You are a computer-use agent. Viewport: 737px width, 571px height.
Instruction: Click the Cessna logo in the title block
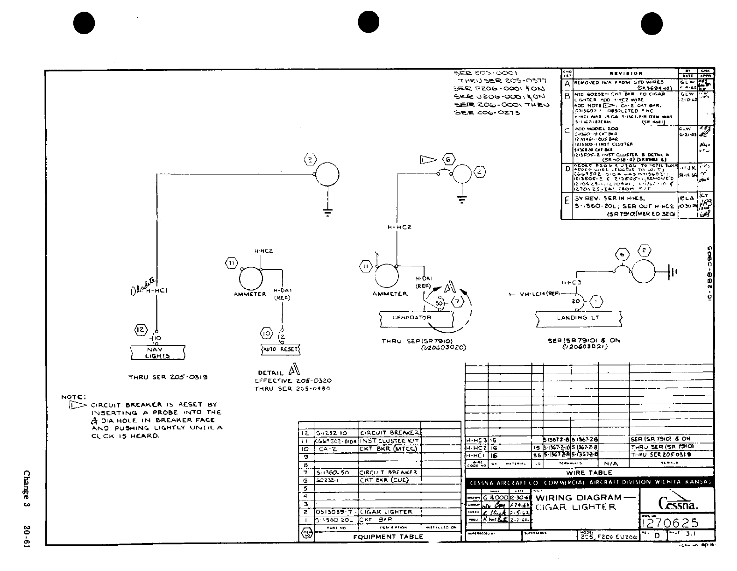679,502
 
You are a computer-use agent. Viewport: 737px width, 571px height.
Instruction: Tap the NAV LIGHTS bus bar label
157,352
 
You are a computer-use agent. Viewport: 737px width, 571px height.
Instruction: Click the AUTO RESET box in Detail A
280,349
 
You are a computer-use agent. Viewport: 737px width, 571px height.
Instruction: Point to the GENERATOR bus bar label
412,318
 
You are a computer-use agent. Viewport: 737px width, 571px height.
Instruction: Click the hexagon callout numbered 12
141,330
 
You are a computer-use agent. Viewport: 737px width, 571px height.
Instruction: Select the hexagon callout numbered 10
266,333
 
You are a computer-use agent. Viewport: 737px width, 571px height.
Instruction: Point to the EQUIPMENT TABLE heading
388,536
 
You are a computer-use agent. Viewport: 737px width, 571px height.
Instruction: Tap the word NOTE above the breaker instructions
71,397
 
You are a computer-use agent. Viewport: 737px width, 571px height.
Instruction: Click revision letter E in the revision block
567,201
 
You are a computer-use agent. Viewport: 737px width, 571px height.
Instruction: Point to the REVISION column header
626,73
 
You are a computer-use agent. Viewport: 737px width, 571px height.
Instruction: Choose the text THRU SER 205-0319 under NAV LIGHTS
168,377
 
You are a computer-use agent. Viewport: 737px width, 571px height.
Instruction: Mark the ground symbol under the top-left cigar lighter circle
327,211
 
